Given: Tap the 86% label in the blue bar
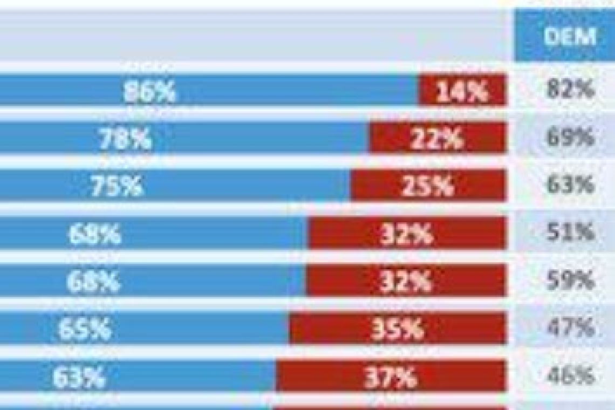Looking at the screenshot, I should pyautogui.click(x=149, y=92).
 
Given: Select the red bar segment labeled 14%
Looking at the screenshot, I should pyautogui.click(x=462, y=92).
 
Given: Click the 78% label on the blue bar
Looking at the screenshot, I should pyautogui.click(x=125, y=139).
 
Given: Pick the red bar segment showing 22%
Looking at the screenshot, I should pyautogui.click(x=437, y=139).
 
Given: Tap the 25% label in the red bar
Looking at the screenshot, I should pyautogui.click(x=428, y=186).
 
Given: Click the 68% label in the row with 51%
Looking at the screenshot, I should pyautogui.click(x=94, y=234).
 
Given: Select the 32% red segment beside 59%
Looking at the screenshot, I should pyautogui.click(x=406, y=282).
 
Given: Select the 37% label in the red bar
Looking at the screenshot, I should pyautogui.click(x=390, y=377).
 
